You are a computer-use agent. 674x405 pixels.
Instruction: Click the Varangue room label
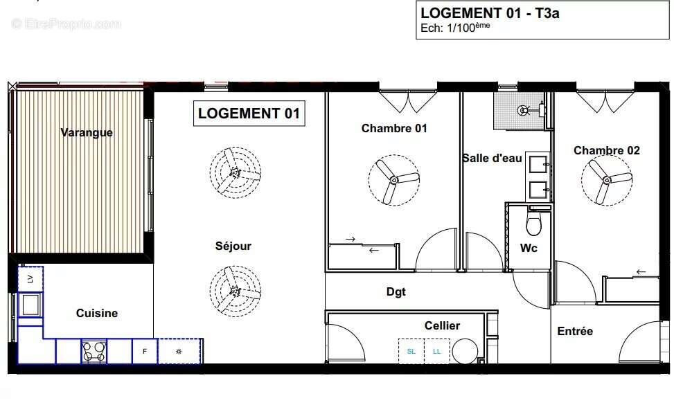coord(86,132)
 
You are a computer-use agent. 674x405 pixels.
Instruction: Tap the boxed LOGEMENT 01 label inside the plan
coord(248,114)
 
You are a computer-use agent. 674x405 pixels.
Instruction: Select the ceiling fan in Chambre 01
coord(393,180)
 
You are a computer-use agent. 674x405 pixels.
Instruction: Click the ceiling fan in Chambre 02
coord(607,181)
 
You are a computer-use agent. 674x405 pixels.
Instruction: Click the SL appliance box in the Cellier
coord(411,351)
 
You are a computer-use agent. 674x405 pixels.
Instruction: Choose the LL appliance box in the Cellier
coord(436,351)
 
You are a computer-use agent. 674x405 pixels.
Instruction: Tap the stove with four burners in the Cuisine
coord(94,351)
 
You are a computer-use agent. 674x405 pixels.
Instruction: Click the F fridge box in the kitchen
coord(145,351)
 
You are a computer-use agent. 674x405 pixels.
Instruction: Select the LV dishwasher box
coord(30,278)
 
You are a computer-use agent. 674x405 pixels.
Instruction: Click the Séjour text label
coord(233,246)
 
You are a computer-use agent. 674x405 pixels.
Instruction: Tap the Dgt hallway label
coord(396,291)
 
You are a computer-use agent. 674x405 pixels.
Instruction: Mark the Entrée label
coord(575,331)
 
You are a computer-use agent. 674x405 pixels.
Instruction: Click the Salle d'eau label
coord(492,158)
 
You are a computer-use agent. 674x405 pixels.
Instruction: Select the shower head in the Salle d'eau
coord(524,109)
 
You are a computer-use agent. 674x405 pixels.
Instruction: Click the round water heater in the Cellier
coord(464,352)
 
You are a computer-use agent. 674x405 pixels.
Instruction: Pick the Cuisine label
coord(97,313)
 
